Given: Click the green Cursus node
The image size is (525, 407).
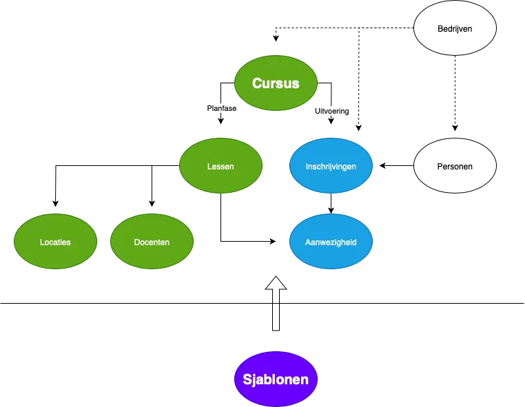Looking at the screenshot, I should (x=276, y=83).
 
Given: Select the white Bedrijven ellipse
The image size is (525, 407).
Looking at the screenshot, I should (x=455, y=29).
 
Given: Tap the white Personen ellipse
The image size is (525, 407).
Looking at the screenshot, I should (x=455, y=167).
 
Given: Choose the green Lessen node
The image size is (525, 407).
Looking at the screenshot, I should (x=220, y=167).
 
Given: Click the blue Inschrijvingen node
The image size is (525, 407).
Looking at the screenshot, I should (x=331, y=167).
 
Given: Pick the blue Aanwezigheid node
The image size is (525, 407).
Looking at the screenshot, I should (x=331, y=242).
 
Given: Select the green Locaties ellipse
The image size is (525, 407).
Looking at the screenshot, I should (x=55, y=242).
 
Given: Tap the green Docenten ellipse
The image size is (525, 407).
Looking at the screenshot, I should (x=152, y=242).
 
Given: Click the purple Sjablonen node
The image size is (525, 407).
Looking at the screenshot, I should (x=276, y=379).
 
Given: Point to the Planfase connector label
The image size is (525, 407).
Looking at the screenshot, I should (x=221, y=108).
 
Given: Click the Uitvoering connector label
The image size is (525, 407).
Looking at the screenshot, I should (x=332, y=110).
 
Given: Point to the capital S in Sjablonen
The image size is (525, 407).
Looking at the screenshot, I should (x=247, y=379).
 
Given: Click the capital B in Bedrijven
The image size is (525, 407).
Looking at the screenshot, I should (x=440, y=29).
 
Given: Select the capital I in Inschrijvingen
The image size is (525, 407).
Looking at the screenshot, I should (x=307, y=167).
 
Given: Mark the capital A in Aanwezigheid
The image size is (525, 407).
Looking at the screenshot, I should (x=308, y=242).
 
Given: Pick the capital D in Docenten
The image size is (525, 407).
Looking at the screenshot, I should (x=136, y=242).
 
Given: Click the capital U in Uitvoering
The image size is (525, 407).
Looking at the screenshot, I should (x=317, y=110).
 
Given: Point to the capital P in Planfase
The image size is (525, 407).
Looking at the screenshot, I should (x=209, y=108).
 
